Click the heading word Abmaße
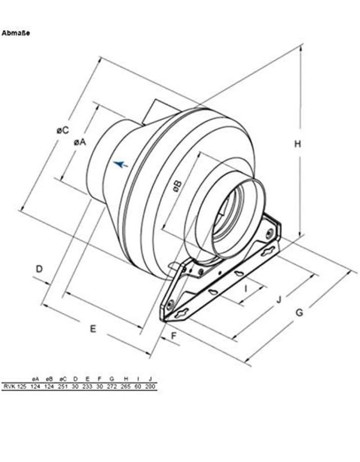click(16, 33)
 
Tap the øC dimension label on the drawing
click(62, 130)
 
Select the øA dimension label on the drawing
click(79, 143)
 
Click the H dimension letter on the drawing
click(298, 144)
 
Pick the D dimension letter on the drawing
click(39, 269)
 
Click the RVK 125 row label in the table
click(15, 387)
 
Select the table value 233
click(87, 387)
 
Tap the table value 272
click(112, 387)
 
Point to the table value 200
click(150, 387)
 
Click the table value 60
click(138, 387)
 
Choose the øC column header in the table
click(63, 380)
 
